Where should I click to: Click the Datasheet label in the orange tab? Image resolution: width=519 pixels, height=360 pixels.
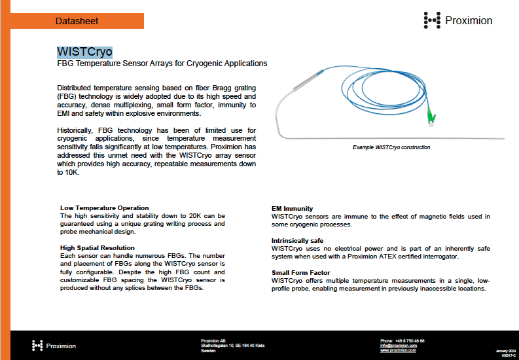point(77,21)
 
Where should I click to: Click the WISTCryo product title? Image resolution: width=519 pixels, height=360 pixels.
point(84,52)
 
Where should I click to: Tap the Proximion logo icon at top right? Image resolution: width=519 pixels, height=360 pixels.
point(432,20)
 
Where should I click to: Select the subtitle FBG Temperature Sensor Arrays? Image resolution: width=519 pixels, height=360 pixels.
point(162,64)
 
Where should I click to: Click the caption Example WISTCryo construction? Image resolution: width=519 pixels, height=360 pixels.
point(391,148)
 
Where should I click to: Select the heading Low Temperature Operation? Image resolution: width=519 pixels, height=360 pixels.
point(105,208)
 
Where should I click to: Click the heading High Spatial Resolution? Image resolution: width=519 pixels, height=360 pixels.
point(98,248)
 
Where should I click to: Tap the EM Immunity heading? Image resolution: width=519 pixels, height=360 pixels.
point(293,209)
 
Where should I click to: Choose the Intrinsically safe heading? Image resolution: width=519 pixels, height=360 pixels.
point(297,241)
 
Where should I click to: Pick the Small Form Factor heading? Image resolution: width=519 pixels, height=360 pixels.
point(301,273)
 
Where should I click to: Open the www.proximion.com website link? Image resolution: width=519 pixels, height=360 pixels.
point(399,351)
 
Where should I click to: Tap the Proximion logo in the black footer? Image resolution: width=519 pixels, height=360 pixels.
point(54,346)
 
